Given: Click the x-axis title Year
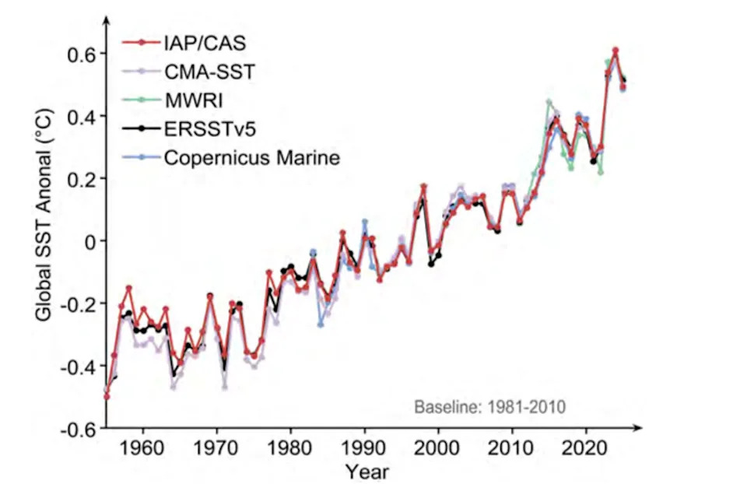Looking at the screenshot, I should coord(367,471).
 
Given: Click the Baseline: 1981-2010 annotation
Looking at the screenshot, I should coord(489,406).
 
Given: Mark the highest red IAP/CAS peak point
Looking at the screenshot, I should coord(615,50).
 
